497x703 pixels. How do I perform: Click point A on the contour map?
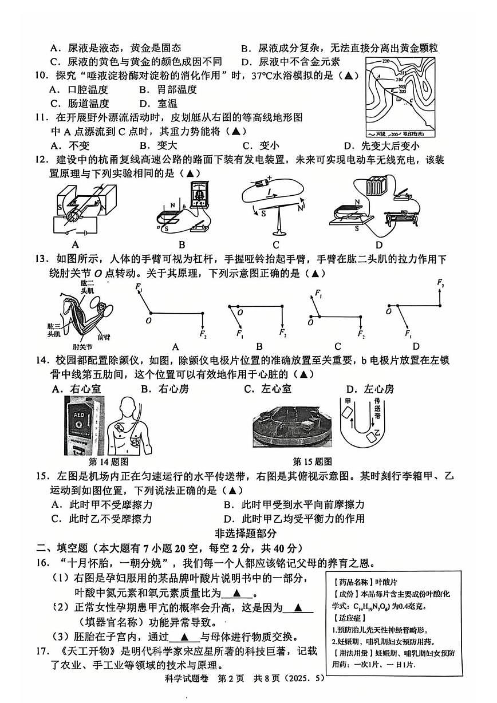pos(378,75)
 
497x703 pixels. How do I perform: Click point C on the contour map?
pos(411,101)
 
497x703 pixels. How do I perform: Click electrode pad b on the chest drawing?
pos(136,440)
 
